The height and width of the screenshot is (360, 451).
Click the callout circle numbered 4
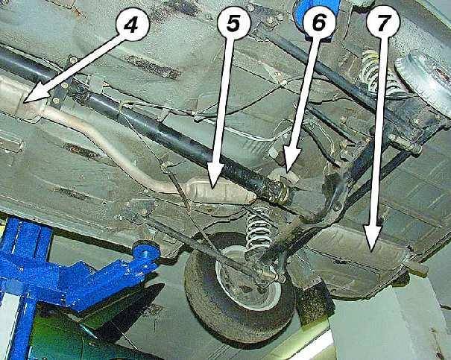click(x=133, y=24)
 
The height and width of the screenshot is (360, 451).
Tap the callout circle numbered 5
click(x=233, y=22)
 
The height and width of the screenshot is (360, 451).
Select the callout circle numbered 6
click(x=318, y=22)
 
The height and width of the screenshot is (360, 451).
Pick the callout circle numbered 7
click(x=383, y=22)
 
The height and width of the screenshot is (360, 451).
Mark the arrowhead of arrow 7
click(x=372, y=238)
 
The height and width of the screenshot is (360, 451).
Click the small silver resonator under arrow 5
click(x=219, y=192)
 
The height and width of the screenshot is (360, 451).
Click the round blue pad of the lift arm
click(x=146, y=251)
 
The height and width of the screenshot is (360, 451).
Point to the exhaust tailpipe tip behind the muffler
click(x=416, y=268)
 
